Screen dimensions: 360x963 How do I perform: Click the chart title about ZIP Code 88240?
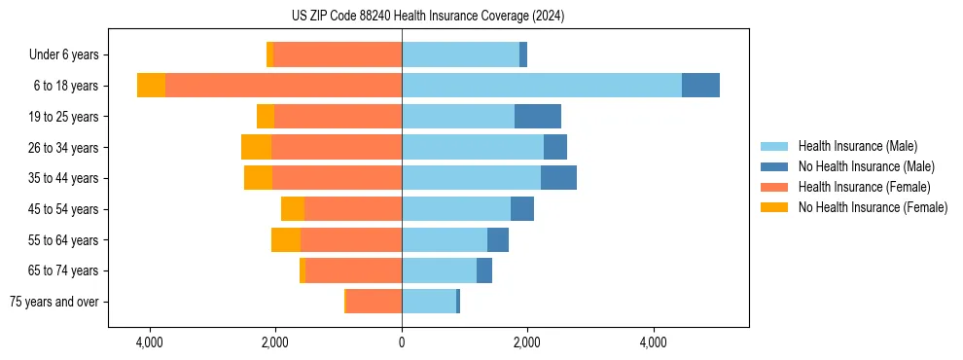(428, 17)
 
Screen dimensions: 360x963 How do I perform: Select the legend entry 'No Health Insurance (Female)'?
(873, 207)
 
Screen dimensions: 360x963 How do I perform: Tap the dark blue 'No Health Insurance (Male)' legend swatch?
(774, 166)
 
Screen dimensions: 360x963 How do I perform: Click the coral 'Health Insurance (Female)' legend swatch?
(774, 187)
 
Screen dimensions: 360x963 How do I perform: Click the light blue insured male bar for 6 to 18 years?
(541, 86)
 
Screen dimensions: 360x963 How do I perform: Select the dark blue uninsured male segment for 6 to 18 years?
(700, 86)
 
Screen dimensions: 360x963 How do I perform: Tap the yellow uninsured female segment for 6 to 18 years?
(151, 86)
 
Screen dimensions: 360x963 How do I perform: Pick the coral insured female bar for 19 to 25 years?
(338, 117)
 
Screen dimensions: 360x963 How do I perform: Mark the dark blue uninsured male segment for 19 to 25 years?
(537, 117)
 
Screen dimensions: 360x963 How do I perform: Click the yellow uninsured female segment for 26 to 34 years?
(256, 147)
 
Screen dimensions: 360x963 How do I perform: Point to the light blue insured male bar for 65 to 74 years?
(439, 270)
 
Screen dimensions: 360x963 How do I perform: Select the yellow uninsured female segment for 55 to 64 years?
(286, 239)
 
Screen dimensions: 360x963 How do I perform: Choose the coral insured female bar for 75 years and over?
(374, 302)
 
